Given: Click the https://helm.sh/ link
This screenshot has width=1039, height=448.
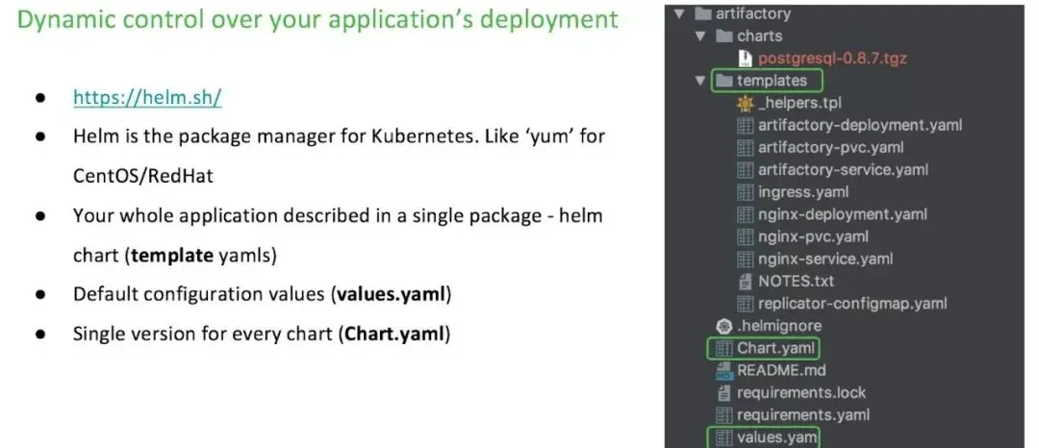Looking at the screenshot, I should (148, 98).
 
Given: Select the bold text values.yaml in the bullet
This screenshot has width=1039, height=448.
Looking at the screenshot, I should (393, 293).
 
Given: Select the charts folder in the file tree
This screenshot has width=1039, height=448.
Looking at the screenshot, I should (759, 36).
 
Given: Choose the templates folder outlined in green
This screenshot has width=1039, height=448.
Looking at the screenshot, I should (772, 81).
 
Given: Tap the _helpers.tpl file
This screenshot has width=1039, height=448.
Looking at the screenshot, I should (799, 103).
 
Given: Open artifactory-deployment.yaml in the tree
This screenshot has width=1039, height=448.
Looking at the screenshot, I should (859, 125).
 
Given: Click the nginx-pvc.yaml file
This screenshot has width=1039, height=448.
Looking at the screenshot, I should (813, 236).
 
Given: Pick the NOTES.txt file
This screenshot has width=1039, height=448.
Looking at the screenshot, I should (796, 281).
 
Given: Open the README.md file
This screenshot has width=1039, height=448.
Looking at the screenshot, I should (781, 370).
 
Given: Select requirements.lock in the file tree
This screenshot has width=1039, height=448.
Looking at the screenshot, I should (800, 392).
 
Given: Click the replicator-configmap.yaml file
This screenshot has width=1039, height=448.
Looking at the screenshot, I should (852, 303).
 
